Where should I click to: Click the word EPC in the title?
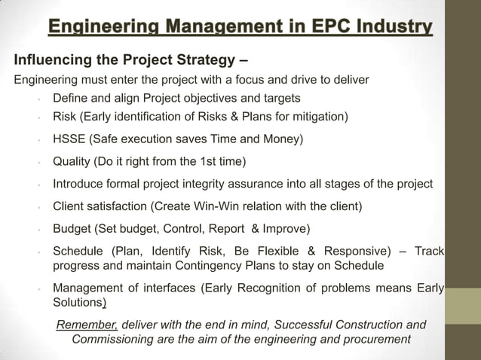[299, 29]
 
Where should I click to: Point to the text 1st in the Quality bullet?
[208, 161]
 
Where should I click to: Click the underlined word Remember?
[87, 325]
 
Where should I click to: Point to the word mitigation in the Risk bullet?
[317, 117]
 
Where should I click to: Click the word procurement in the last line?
[375, 339]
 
